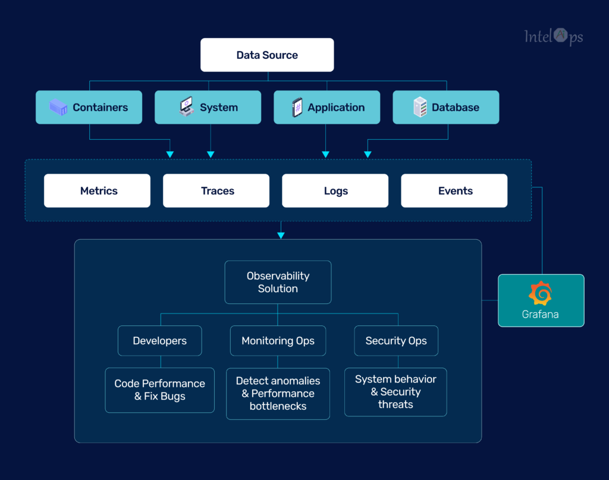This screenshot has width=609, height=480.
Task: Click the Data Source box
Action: [x=267, y=55]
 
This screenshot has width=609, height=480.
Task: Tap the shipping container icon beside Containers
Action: [x=58, y=107]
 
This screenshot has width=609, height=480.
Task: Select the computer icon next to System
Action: [x=186, y=106]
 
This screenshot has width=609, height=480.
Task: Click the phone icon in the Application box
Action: [x=297, y=107]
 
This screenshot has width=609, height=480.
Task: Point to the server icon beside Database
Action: [x=420, y=107]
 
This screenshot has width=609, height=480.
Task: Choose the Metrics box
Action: [x=97, y=191]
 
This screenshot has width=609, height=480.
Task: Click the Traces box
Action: [x=216, y=191]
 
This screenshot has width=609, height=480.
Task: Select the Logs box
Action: [x=335, y=191]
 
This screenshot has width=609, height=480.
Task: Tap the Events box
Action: [x=454, y=191]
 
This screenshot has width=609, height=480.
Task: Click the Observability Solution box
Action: [x=278, y=283]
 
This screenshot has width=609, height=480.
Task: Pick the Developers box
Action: [x=160, y=341]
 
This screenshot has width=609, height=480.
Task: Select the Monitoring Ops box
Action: [x=278, y=341]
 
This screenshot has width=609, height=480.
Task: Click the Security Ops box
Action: [x=396, y=341]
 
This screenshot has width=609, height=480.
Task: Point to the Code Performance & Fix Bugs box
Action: [x=159, y=390]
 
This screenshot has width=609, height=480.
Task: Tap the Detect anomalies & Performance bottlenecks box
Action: [x=278, y=394]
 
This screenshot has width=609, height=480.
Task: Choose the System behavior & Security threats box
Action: [x=395, y=392]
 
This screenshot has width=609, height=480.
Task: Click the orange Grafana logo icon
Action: [x=540, y=293]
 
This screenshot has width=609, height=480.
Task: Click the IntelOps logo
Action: [x=554, y=37]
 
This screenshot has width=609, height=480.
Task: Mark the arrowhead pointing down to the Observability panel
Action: [x=281, y=236]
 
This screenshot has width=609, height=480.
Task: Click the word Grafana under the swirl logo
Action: [x=540, y=314]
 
